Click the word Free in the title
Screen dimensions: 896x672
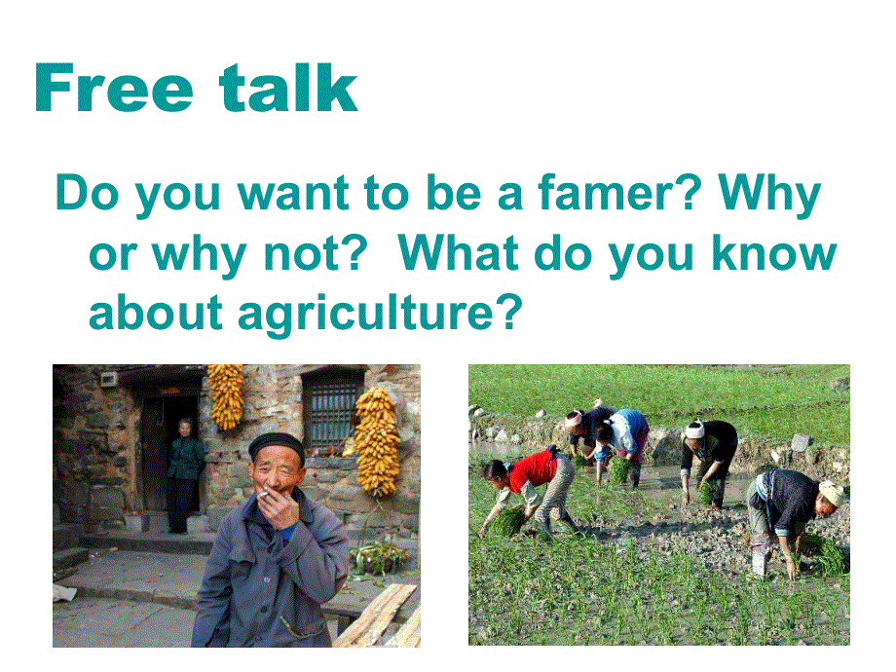pyautogui.click(x=114, y=88)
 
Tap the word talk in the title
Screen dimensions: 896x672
pyautogui.click(x=288, y=88)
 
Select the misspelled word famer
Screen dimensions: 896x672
pyautogui.click(x=619, y=193)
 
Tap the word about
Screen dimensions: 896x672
pyautogui.click(x=155, y=313)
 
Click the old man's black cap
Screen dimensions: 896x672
pyautogui.click(x=277, y=444)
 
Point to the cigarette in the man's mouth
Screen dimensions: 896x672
pyautogui.click(x=265, y=495)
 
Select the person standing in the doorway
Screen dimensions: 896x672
pyautogui.click(x=184, y=476)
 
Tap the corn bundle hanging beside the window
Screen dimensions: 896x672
pyautogui.click(x=376, y=441)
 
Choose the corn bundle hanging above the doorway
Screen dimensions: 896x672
pyautogui.click(x=226, y=395)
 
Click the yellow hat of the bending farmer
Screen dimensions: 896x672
pyautogui.click(x=832, y=492)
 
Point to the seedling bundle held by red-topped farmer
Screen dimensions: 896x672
pyautogui.click(x=505, y=521)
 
